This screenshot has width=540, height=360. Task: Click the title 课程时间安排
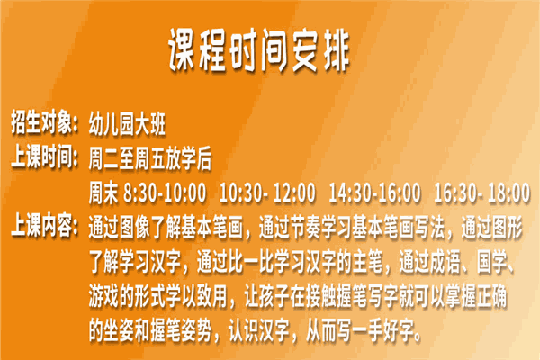click(259, 51)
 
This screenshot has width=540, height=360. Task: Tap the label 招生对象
click(41, 122)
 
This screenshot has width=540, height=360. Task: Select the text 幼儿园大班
click(127, 124)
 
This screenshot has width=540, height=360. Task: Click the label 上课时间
click(41, 157)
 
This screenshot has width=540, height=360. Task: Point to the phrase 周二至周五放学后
click(150, 158)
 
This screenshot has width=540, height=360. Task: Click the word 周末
click(103, 193)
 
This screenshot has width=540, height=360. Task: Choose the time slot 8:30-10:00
click(165, 193)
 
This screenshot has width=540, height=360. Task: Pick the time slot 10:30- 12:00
click(267, 193)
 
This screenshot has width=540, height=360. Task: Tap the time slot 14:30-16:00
click(374, 193)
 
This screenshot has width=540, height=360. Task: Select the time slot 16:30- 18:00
click(481, 193)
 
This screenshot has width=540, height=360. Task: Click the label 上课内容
click(41, 226)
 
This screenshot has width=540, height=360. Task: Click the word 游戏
click(103, 296)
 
